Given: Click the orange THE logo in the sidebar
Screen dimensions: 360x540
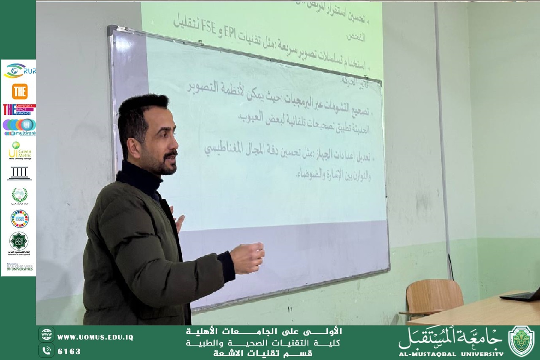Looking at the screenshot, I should click(x=19, y=91).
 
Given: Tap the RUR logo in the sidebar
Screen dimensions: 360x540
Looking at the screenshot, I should click(x=19, y=70).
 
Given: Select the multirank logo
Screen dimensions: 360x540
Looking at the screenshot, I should click(x=19, y=127).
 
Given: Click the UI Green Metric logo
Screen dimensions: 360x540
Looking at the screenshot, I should click(x=19, y=150).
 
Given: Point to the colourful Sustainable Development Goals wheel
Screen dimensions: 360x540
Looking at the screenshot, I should click(x=19, y=219).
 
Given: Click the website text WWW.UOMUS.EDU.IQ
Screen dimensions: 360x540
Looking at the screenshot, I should click(x=95, y=337).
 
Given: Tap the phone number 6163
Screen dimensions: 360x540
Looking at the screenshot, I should click(x=69, y=351).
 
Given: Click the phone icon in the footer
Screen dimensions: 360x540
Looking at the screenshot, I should click(x=46, y=350).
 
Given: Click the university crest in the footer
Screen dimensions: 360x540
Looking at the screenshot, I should click(x=521, y=341).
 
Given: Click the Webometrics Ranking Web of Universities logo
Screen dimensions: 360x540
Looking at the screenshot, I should click(x=19, y=267).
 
